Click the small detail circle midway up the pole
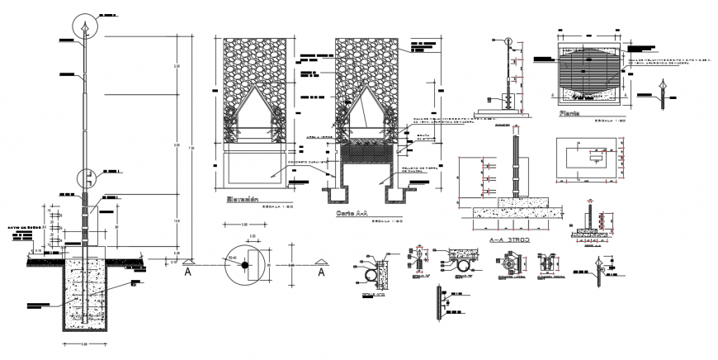coord(86,176)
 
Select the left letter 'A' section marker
coord(188,269)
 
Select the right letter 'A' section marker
coord(322,269)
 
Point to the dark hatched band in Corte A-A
coord(366,152)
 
